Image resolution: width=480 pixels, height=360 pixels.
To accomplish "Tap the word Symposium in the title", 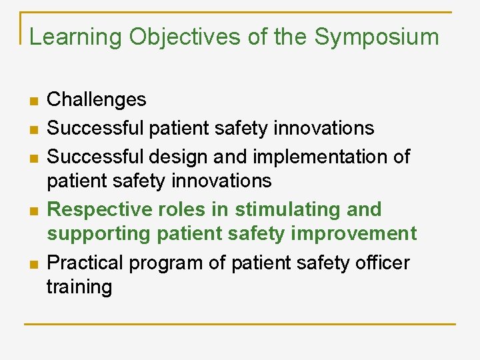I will [x=377, y=37].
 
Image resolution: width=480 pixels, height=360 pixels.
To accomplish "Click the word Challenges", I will [x=97, y=100].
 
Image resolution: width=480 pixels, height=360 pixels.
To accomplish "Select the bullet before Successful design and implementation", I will [x=33, y=157].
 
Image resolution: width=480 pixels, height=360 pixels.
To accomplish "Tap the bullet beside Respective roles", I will [x=33, y=211].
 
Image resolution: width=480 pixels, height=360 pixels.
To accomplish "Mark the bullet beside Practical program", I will [x=33, y=264].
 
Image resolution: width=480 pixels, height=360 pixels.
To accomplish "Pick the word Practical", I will [x=85, y=263].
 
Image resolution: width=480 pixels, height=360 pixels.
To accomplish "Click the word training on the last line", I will [x=79, y=287].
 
